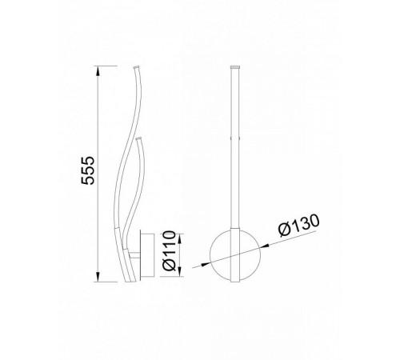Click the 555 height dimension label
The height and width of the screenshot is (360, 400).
click(x=88, y=170)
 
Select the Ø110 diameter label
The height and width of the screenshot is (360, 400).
click(x=170, y=250)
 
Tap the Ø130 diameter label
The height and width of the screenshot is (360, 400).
click(x=298, y=225)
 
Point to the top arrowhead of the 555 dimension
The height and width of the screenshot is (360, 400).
click(x=98, y=71)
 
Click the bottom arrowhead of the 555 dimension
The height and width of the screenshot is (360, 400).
click(x=98, y=277)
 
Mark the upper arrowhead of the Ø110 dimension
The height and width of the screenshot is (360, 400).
click(x=180, y=239)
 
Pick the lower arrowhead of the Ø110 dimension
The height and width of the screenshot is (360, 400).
click(x=180, y=271)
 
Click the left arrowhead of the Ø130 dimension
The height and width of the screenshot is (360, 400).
click(x=205, y=264)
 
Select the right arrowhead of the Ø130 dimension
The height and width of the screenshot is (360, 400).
click(x=265, y=246)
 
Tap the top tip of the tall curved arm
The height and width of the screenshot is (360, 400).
click(x=136, y=66)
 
